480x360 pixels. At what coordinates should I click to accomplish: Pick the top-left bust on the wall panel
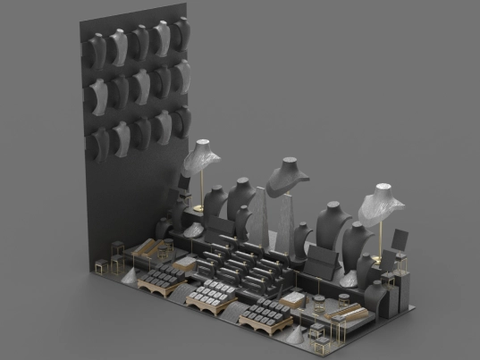coord(97,46)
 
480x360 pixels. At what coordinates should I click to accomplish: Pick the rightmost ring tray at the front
coord(263,315)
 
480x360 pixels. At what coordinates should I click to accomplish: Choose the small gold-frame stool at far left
coord(101,265)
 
